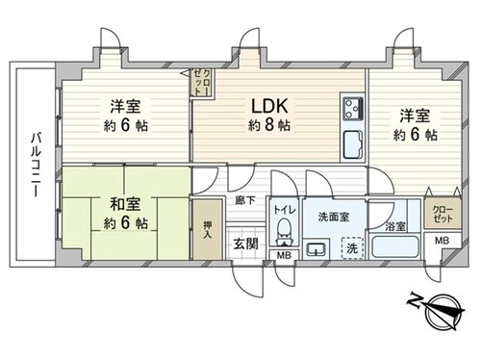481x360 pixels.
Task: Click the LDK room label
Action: click(269, 106)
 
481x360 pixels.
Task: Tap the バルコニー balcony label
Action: click(37, 165)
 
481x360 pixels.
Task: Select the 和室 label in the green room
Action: click(125, 204)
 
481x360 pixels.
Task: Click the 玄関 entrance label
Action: click(245, 244)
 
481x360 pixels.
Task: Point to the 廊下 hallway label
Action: click(245, 201)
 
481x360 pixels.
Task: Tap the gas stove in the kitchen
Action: click(353, 107)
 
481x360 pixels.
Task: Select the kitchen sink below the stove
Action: click(354, 145)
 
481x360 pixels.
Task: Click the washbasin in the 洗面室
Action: click(316, 249)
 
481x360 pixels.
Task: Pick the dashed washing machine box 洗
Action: click(352, 247)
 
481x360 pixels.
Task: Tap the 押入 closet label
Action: click(208, 230)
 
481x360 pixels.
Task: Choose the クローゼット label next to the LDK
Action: click(203, 82)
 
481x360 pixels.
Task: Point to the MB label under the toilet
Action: click(284, 255)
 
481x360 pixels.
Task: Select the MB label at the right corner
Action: click(442, 241)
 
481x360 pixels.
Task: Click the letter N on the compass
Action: click(415, 300)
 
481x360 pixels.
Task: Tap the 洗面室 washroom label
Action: click(334, 218)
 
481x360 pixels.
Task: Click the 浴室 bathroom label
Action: click(395, 226)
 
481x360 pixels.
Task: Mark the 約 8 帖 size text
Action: click(269, 125)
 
